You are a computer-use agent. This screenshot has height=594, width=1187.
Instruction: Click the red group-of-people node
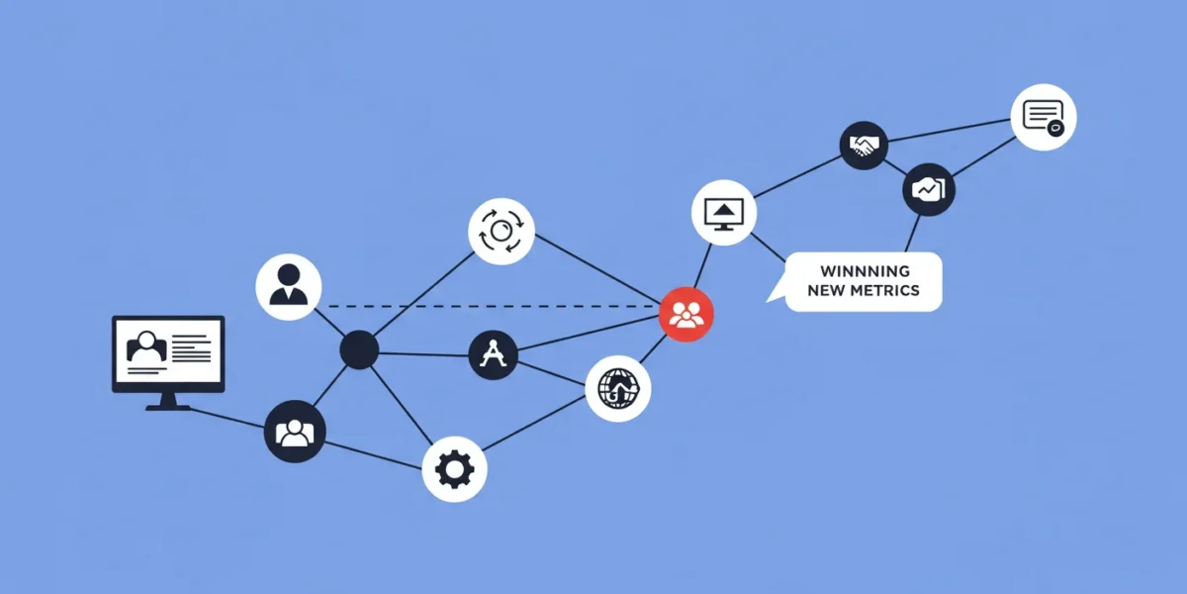click(686, 315)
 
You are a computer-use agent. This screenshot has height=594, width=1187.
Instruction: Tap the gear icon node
click(455, 469)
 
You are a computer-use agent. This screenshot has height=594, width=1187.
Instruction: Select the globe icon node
click(618, 389)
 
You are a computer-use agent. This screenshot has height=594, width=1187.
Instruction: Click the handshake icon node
click(864, 146)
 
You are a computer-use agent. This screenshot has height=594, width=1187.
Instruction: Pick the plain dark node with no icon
click(359, 350)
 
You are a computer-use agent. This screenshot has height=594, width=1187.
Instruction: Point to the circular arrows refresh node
click(502, 232)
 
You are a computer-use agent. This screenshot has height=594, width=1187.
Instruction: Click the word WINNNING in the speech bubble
click(865, 271)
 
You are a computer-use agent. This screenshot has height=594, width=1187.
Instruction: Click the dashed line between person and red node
click(492, 306)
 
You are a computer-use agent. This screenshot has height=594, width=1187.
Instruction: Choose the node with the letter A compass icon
click(493, 354)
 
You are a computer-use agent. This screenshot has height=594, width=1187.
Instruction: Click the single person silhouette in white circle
click(289, 287)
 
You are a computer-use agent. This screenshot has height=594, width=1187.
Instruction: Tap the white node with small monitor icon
click(724, 213)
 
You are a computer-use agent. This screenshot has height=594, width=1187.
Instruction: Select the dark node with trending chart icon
click(929, 189)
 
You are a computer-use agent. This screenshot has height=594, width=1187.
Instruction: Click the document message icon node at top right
click(1044, 117)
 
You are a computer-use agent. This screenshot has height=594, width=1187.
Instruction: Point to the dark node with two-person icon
click(295, 432)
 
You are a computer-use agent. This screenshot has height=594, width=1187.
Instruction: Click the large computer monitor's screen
click(168, 350)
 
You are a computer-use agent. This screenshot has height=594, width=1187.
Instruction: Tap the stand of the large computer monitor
click(168, 402)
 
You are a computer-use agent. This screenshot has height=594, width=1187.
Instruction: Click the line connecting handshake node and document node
click(950, 131)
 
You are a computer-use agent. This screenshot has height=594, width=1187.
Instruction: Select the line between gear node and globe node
click(533, 423)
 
